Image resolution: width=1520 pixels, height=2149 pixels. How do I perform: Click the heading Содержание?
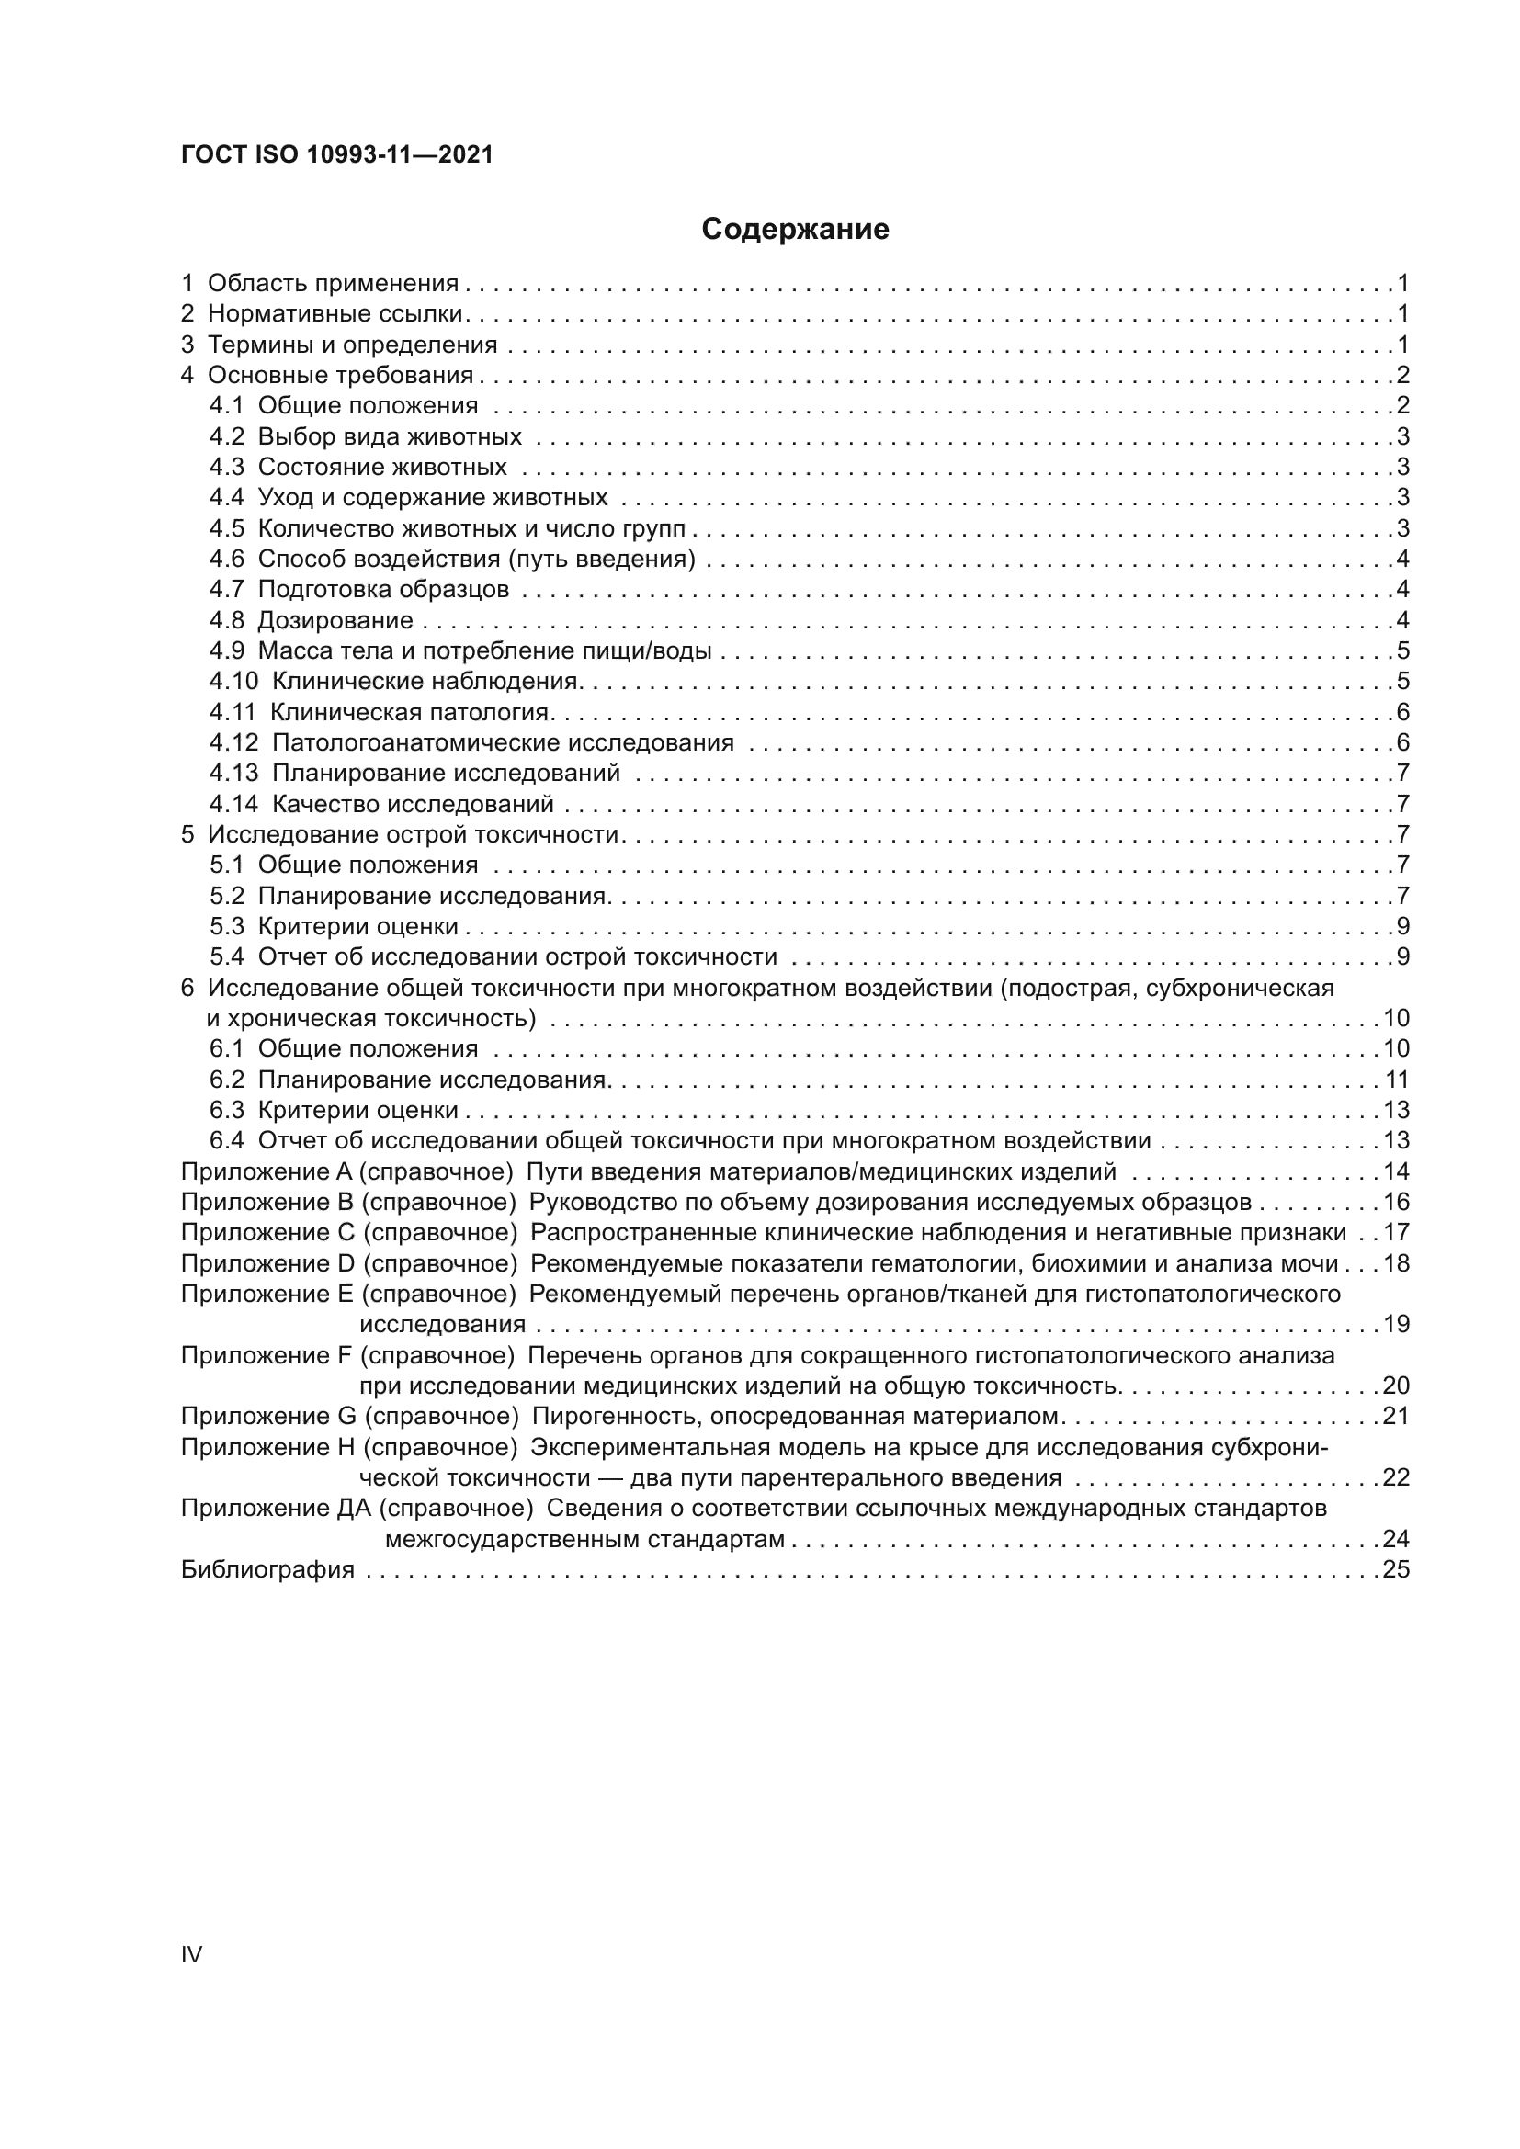click(795, 230)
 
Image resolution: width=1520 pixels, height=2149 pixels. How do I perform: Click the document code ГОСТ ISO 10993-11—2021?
click(336, 155)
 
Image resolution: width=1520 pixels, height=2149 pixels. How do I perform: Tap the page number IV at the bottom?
click(191, 1954)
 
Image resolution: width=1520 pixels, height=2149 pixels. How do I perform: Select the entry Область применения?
click(333, 284)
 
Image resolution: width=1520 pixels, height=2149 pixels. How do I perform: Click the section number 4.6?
click(226, 560)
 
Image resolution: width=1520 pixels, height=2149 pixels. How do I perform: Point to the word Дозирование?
click(335, 620)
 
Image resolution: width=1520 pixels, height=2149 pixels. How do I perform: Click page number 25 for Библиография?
click(1396, 1569)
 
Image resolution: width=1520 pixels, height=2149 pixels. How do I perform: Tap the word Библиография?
click(267, 1569)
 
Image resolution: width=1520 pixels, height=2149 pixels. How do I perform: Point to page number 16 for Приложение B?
click(1396, 1202)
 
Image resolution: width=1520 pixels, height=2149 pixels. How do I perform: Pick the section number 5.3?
click(226, 927)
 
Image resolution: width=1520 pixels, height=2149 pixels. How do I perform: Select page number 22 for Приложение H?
click(1396, 1478)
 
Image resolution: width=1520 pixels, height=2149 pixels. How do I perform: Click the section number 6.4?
click(226, 1141)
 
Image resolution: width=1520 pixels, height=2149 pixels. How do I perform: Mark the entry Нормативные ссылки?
click(335, 313)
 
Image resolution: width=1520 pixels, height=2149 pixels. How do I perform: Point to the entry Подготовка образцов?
click(383, 590)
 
